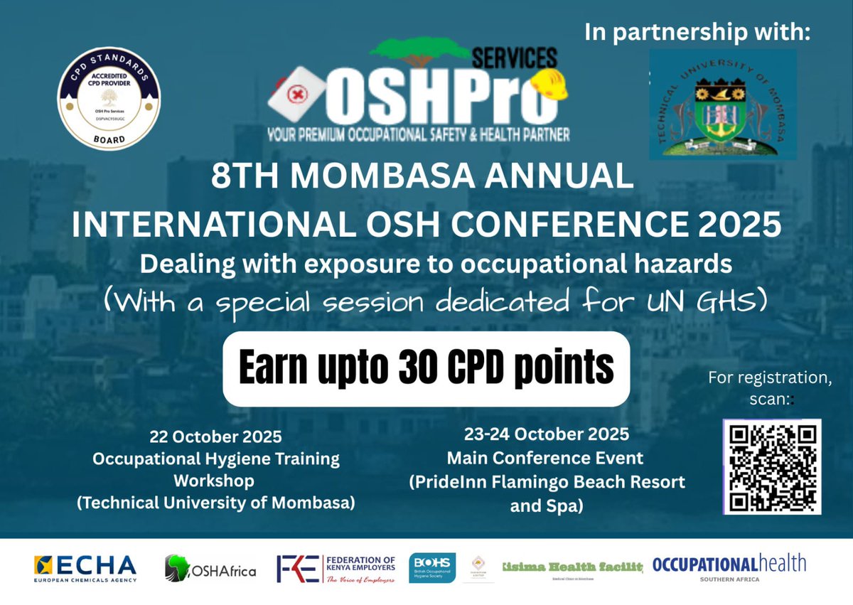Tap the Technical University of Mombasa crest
(x=722, y=104)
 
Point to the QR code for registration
(x=772, y=466)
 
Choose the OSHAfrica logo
(x=210, y=569)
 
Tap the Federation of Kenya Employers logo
(x=336, y=569)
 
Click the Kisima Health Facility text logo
(x=573, y=567)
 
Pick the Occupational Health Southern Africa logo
(x=729, y=567)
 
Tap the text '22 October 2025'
(x=215, y=436)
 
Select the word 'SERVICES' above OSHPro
(x=515, y=57)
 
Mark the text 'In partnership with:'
(x=697, y=33)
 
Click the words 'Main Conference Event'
(x=545, y=458)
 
